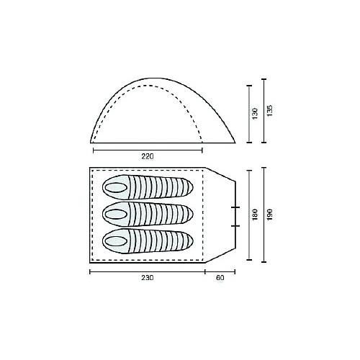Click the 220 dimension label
(x=148, y=156)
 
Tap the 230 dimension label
(x=148, y=278)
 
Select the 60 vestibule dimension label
(x=220, y=278)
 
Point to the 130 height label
(x=255, y=114)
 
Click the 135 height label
(x=270, y=111)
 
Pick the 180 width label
(x=255, y=215)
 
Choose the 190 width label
(x=270, y=215)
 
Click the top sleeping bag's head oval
(x=116, y=187)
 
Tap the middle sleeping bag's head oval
(x=116, y=214)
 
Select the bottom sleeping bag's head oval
(x=116, y=241)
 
